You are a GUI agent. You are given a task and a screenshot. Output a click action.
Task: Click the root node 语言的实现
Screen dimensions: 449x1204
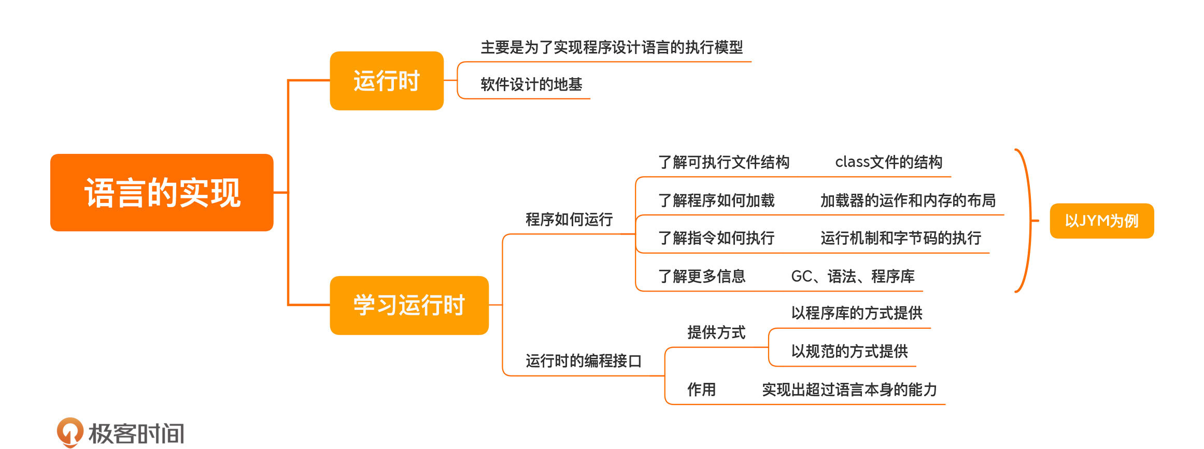(162, 193)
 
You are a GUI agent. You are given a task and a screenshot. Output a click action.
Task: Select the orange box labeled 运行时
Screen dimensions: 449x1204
(387, 81)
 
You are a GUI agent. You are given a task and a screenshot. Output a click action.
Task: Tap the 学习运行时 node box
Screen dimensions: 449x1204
(409, 305)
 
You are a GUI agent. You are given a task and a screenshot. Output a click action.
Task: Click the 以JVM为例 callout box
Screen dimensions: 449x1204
(1101, 221)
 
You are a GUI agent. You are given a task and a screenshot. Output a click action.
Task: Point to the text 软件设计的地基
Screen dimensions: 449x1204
(531, 84)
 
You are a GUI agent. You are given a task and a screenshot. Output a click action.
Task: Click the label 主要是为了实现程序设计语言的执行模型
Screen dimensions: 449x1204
(612, 48)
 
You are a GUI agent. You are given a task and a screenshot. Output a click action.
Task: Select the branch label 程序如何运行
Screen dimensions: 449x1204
(569, 220)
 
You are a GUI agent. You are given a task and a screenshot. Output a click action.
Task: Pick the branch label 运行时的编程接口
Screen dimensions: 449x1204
(584, 361)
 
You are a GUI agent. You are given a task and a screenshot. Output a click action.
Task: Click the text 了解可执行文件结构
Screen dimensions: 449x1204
(724, 163)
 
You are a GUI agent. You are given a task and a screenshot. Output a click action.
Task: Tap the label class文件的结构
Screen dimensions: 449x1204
(888, 163)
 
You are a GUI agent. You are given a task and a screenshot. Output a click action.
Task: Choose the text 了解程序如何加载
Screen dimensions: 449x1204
(716, 200)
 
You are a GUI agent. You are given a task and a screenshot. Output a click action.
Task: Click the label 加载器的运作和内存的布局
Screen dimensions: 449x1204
(908, 200)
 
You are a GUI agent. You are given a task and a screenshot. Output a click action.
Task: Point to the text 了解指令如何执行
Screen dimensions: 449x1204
(716, 238)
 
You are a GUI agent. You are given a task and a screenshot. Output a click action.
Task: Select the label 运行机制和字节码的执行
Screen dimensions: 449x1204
(901, 238)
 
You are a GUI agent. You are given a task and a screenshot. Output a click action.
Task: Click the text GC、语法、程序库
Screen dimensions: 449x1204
(853, 277)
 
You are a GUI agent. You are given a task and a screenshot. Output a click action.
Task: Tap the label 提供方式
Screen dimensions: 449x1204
(716, 332)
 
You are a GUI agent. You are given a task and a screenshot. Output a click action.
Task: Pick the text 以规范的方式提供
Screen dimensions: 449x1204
(849, 352)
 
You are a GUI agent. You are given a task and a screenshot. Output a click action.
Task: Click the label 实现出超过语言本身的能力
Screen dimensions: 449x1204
(849, 389)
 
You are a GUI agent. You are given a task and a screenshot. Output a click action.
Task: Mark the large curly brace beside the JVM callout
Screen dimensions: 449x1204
(1027, 221)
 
